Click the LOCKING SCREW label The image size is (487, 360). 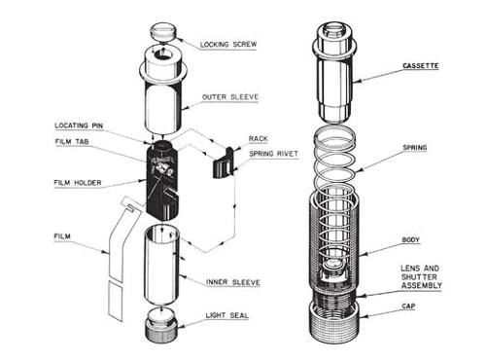tap(228, 44)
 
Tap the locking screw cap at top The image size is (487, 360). tap(162, 32)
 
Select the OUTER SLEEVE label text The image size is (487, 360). tap(230, 97)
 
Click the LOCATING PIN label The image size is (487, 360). tap(79, 126)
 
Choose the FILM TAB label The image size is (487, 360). tap(72, 141)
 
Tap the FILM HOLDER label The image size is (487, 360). tap(78, 183)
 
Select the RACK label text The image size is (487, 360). tap(259, 139)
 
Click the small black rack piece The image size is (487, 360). tap(223, 163)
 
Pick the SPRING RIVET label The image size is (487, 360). tap(273, 154)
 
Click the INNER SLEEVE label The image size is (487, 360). tap(233, 282)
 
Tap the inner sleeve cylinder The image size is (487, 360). tap(161, 265)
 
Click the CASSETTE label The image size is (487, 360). tap(421, 65)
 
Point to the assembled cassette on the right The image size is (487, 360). tap(335, 72)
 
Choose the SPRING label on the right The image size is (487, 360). tap(415, 148)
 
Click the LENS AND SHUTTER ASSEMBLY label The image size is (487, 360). tap(421, 277)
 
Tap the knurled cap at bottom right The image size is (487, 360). tap(334, 322)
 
